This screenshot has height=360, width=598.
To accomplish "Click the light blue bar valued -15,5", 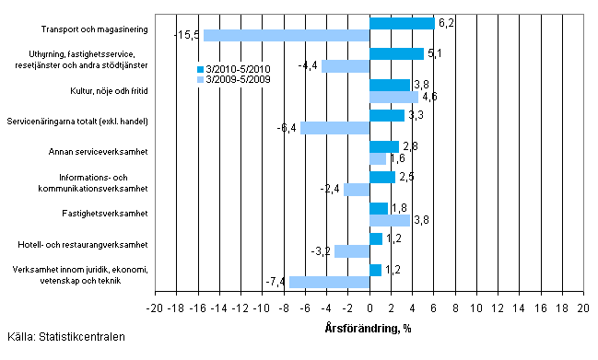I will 287,35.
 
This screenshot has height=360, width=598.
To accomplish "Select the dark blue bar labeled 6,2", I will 402,23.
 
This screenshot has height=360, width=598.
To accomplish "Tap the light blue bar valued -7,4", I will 330,282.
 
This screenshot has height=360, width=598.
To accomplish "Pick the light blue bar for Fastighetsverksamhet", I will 390,220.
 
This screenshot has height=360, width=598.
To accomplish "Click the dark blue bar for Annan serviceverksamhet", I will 384,146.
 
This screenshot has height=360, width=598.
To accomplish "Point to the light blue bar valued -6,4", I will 335,128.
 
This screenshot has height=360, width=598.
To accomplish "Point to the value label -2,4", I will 332,190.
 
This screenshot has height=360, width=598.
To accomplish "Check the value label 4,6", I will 431,97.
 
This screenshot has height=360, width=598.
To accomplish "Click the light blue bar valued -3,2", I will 352,251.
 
